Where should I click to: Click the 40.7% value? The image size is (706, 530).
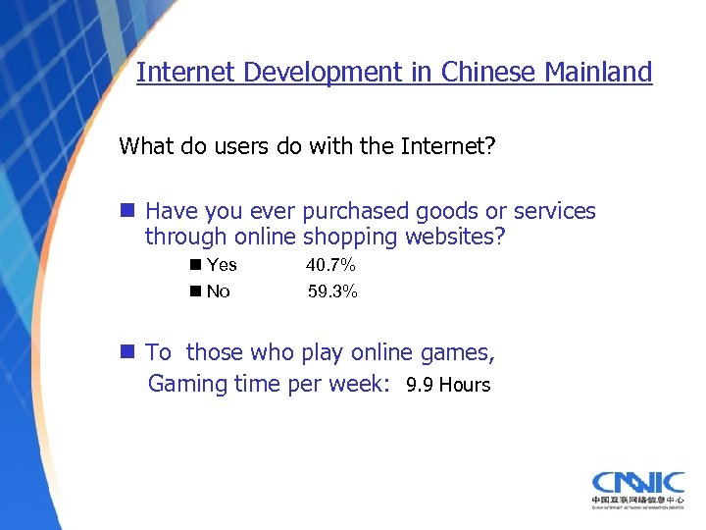coord(330,265)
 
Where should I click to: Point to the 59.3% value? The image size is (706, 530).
coord(332,291)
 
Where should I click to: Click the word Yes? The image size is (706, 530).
coord(222,265)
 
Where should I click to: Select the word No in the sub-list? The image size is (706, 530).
coord(218,291)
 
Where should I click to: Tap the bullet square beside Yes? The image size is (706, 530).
coord(196,265)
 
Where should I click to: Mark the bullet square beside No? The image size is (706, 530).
coord(196,291)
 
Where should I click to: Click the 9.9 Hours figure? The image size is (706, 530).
coord(448,385)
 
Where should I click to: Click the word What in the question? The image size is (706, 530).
coord(144,147)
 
